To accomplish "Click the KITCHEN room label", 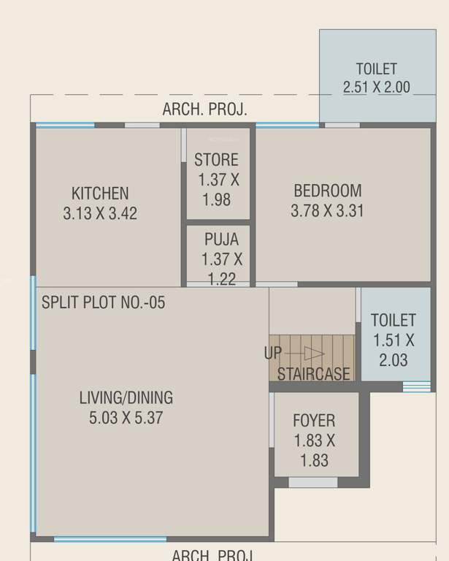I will click(x=100, y=194).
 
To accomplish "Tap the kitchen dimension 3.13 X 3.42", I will click(x=100, y=213).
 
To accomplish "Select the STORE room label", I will click(x=216, y=160).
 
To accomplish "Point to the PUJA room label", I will click(x=221, y=239).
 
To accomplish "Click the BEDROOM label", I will click(x=327, y=191).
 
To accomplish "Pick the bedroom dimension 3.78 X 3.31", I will click(x=327, y=211).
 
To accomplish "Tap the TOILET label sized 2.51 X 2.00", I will click(x=376, y=69).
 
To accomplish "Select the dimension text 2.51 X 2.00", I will click(x=376, y=88).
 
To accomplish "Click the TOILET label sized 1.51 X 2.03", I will click(x=394, y=320).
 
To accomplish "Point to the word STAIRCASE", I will click(x=314, y=373).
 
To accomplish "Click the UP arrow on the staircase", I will click(x=313, y=354).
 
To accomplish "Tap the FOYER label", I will click(x=314, y=421).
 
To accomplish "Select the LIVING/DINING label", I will click(x=126, y=398).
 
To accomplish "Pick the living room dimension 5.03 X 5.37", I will click(x=126, y=418).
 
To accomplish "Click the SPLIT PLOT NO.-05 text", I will click(x=103, y=302).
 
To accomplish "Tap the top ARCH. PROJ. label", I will click(x=204, y=110).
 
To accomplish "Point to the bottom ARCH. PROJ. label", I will click(x=213, y=554).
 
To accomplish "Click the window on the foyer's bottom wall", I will click(x=312, y=482).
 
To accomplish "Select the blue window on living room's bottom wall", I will click(x=110, y=540).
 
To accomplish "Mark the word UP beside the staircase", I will click(x=273, y=354).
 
